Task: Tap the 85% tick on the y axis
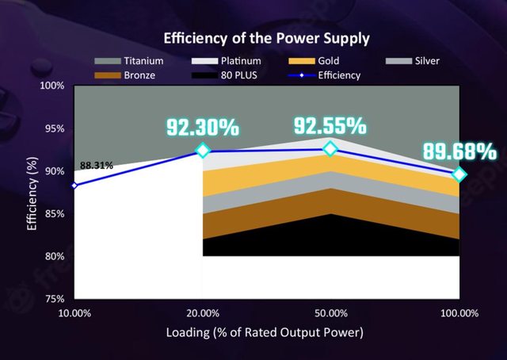point(54,214)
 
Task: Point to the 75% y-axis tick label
point(54,300)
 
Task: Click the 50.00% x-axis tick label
point(330,312)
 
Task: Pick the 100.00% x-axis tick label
point(459,312)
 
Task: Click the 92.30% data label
point(202,127)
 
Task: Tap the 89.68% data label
point(459,151)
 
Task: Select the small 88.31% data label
point(97,166)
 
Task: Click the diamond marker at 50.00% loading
point(330,148)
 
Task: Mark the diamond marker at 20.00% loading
point(203,151)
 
